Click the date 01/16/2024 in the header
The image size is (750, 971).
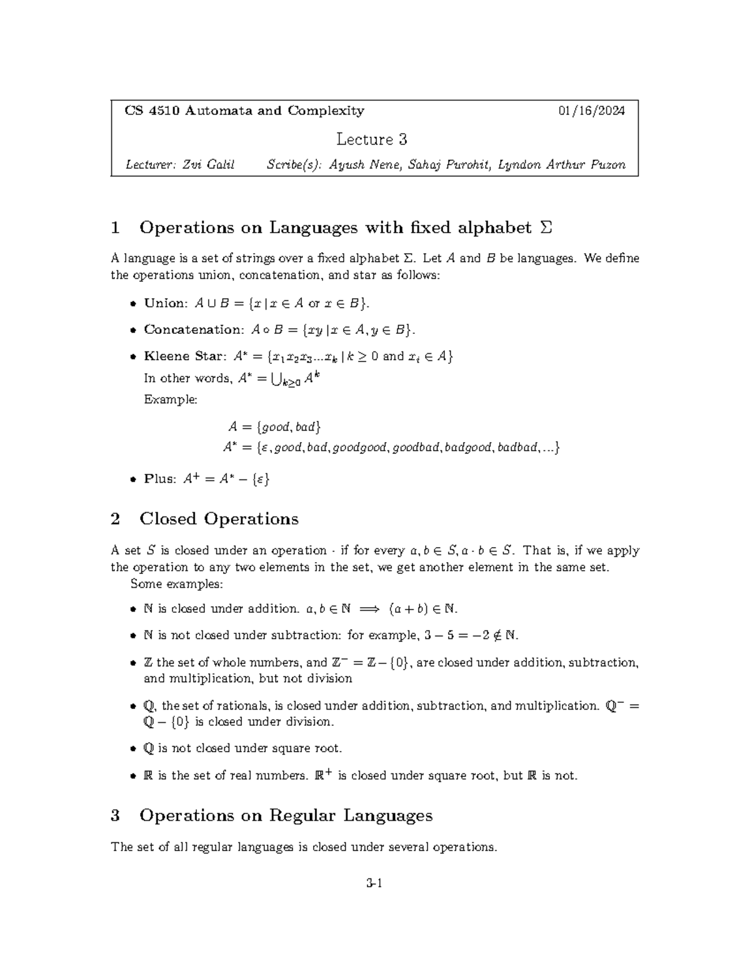click(x=591, y=111)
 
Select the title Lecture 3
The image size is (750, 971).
click(x=372, y=139)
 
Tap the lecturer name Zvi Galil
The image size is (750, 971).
click(x=208, y=165)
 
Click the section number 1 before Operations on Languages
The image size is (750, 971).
click(x=115, y=228)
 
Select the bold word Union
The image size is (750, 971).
click(x=165, y=303)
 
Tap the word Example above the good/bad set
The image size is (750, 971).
click(x=170, y=400)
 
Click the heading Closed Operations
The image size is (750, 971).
click(x=219, y=519)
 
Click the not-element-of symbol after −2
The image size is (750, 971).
click(x=494, y=636)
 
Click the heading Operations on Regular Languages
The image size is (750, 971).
click(x=286, y=815)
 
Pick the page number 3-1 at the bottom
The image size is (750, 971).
click(x=374, y=883)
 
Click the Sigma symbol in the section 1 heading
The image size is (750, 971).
click(x=546, y=228)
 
